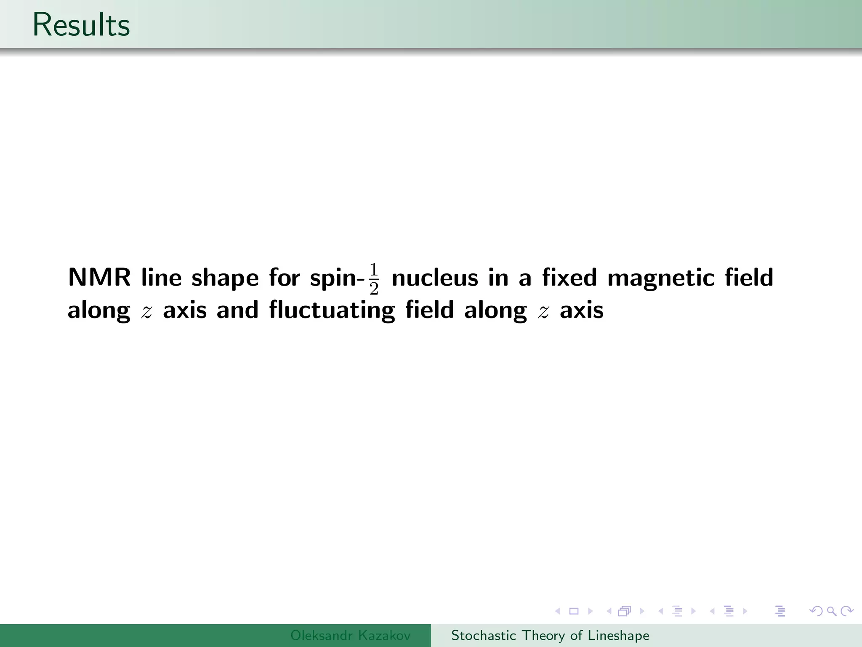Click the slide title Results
[x=81, y=25]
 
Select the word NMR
[x=99, y=278]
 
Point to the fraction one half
[x=374, y=279]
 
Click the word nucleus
[x=435, y=278]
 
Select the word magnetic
[x=661, y=278]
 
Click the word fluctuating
[x=332, y=311]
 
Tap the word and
[x=237, y=310]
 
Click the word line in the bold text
[x=161, y=278]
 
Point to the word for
[x=284, y=278]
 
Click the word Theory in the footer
[x=543, y=636]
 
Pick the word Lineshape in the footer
[x=618, y=636]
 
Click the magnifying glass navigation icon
[x=831, y=611]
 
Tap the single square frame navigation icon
[x=574, y=611]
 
